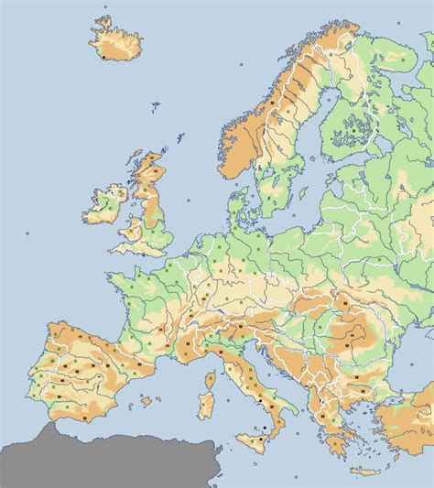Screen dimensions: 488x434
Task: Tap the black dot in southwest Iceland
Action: pos(105,58)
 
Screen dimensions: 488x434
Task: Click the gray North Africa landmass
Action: pos(110,462)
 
